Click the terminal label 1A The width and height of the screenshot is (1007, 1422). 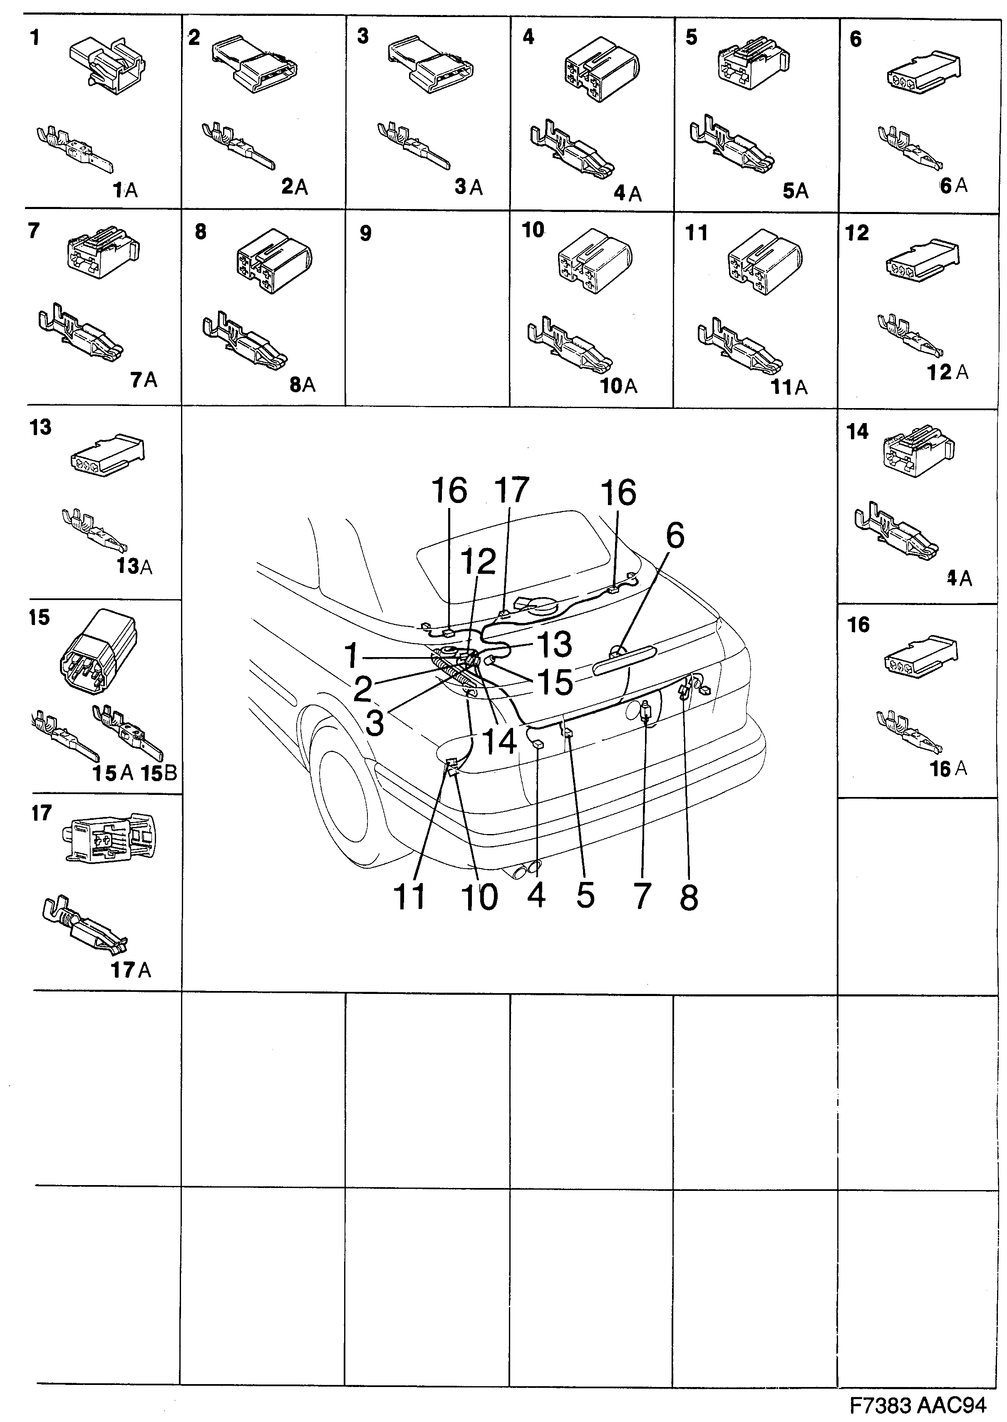coord(125,190)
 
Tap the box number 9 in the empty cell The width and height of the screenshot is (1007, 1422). coord(365,234)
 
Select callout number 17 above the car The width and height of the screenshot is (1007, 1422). coord(511,490)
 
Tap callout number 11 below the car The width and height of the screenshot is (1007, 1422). coord(410,897)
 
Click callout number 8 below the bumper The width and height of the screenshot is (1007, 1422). coord(689,897)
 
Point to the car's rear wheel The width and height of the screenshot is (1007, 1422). coord(347,800)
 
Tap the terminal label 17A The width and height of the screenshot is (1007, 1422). coord(131,970)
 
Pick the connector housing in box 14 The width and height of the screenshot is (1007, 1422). coord(916,451)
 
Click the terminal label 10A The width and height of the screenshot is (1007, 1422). coord(618,386)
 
